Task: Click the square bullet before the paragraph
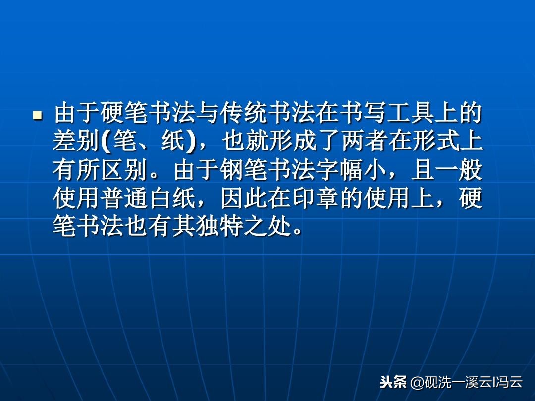(x=36, y=115)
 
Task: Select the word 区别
(x=124, y=171)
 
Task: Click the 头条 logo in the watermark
(x=393, y=382)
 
